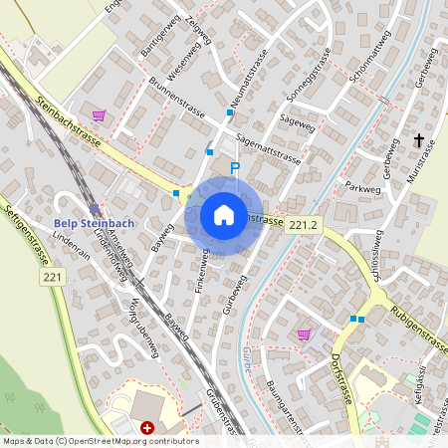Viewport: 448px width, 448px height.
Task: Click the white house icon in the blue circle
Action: point(224,215)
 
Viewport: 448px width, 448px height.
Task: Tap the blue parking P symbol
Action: point(235,169)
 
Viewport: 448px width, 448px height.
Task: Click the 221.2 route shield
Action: point(305,227)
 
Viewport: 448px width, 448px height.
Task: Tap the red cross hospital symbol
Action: point(147,427)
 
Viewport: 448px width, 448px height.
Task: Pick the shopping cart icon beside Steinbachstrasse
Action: point(98,115)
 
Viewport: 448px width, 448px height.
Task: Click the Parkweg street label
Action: point(363,186)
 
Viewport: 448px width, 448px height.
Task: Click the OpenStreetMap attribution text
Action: point(100,441)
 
